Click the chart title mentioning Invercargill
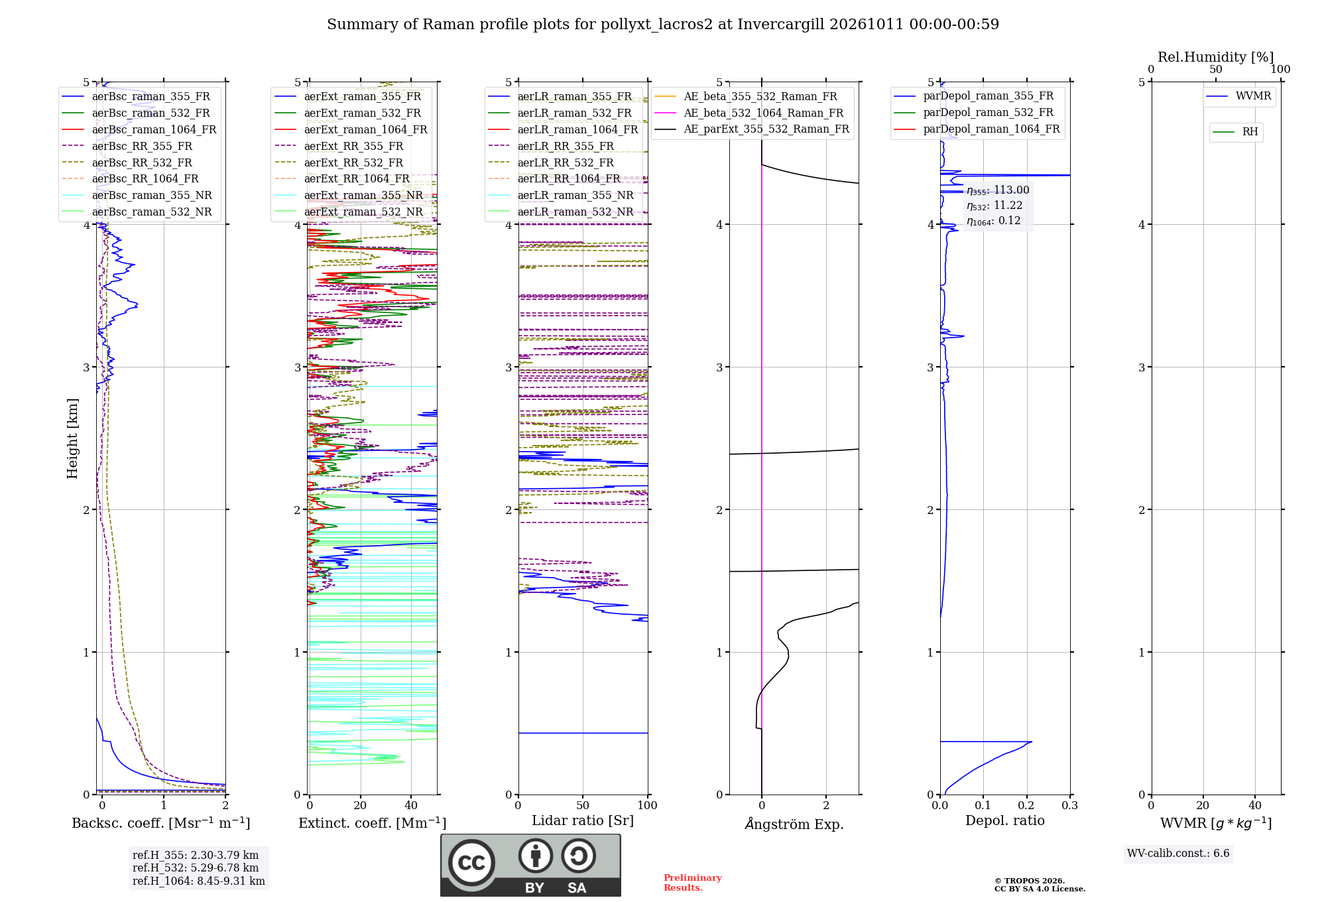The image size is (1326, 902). [x=663, y=25]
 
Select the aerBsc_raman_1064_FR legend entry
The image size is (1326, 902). [x=139, y=129]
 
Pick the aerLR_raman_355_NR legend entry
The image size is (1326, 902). [x=561, y=195]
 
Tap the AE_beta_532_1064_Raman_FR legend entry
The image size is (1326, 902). [x=749, y=113]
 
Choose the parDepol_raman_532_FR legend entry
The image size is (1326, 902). [x=974, y=112]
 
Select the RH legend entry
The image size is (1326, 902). [x=1236, y=132]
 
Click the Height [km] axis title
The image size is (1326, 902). [x=72, y=438]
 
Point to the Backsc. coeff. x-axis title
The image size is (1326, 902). [x=161, y=823]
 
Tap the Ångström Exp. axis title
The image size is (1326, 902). [x=794, y=824]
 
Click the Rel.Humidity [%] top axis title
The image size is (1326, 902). [x=1216, y=57]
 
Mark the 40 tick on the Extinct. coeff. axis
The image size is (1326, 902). [x=411, y=805]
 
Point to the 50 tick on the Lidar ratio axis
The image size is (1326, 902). [x=583, y=805]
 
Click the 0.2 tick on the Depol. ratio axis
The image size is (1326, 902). [x=1026, y=805]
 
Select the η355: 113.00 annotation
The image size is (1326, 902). [x=998, y=190]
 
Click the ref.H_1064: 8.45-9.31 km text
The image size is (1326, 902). [x=199, y=881]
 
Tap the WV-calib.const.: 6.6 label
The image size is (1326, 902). [x=1178, y=853]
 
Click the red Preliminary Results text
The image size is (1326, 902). [x=693, y=883]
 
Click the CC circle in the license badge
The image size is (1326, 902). [x=471, y=862]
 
